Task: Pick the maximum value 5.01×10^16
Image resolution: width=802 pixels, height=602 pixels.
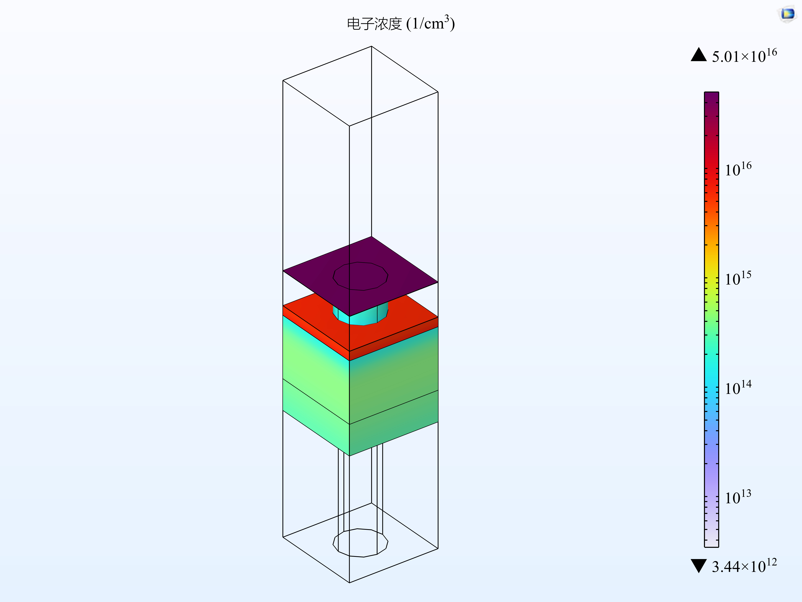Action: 744,56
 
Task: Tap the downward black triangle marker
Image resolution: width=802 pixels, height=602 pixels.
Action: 699,566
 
